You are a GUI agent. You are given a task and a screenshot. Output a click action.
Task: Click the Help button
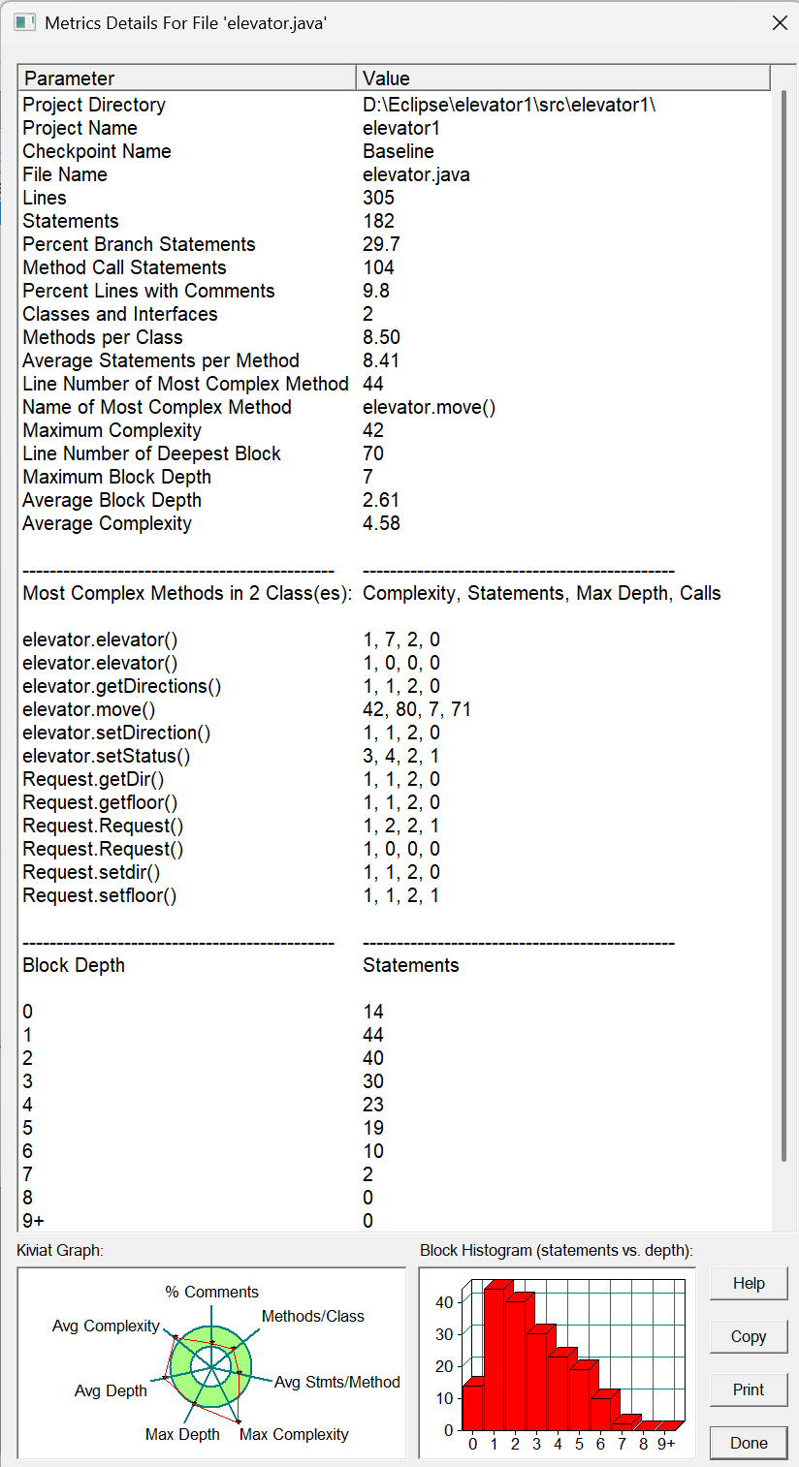pos(749,1283)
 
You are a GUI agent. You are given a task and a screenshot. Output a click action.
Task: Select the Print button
pos(749,1389)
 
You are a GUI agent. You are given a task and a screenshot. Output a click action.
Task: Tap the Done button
pos(749,1443)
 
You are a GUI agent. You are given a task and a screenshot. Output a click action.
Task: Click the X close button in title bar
pos(780,22)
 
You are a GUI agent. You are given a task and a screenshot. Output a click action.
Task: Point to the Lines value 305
pos(379,198)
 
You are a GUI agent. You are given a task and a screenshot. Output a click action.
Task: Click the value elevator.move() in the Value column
pos(429,407)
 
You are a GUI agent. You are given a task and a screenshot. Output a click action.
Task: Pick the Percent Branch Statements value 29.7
pos(381,244)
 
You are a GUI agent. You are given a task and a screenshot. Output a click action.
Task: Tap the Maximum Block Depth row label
pos(116,477)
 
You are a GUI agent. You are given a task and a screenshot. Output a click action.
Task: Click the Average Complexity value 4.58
pos(381,523)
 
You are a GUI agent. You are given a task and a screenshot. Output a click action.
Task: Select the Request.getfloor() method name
pos(100,802)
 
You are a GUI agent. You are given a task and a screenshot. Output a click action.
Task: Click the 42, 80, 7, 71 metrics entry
pos(417,709)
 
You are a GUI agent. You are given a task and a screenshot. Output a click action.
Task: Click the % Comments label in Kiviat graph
pos(211,1292)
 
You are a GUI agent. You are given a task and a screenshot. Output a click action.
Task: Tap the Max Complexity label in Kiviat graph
pos(294,1434)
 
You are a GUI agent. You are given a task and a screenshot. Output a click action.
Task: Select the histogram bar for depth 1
pos(494,1357)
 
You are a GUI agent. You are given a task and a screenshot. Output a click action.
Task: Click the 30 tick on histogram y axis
pos(444,1334)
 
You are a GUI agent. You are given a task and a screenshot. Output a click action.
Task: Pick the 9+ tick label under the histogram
pos(666,1444)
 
